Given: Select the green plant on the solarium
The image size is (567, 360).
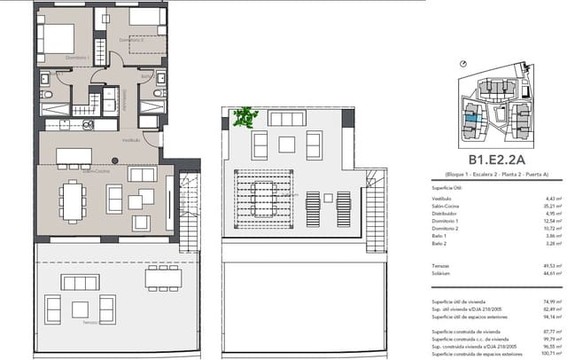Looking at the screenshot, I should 243,115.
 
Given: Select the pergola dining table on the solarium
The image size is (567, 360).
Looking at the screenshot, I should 263,192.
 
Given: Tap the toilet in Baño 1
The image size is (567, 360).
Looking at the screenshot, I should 50,94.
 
